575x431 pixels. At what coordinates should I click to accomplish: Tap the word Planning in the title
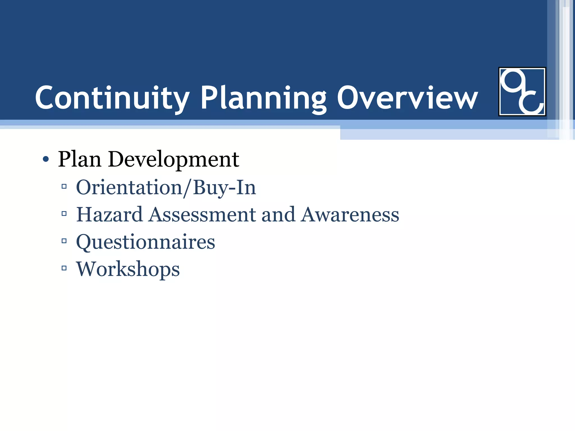264,98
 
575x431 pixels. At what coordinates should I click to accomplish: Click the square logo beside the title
522,91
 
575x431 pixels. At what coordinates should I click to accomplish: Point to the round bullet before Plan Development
46,160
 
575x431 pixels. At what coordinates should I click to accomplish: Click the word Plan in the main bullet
79,159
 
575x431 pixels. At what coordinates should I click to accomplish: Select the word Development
174,160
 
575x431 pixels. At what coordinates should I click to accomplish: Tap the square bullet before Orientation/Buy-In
64,186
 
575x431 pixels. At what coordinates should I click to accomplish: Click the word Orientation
129,187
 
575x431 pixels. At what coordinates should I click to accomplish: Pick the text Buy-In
224,188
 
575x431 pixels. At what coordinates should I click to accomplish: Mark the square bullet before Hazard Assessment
64,214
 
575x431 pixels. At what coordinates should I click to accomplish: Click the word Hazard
109,214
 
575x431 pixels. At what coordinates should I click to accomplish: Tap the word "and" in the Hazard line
278,214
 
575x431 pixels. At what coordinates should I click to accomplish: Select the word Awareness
350,214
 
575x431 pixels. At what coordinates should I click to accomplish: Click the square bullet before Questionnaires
64,241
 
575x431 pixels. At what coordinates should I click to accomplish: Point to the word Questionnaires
145,242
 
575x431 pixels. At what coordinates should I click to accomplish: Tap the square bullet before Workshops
64,268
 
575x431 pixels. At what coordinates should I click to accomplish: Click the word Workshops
128,269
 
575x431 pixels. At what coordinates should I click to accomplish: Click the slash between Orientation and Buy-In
187,188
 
